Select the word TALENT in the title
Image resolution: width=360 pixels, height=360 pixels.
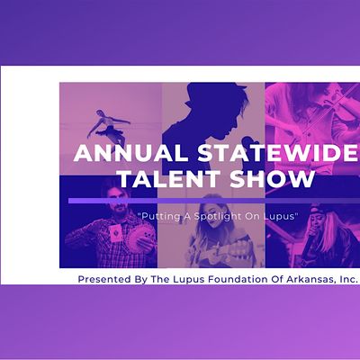pyautogui.click(x=159, y=180)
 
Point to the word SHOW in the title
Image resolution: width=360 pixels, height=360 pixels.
pyautogui.click(x=272, y=180)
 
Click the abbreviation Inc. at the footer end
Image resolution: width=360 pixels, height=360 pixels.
pyautogui.click(x=346, y=279)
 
